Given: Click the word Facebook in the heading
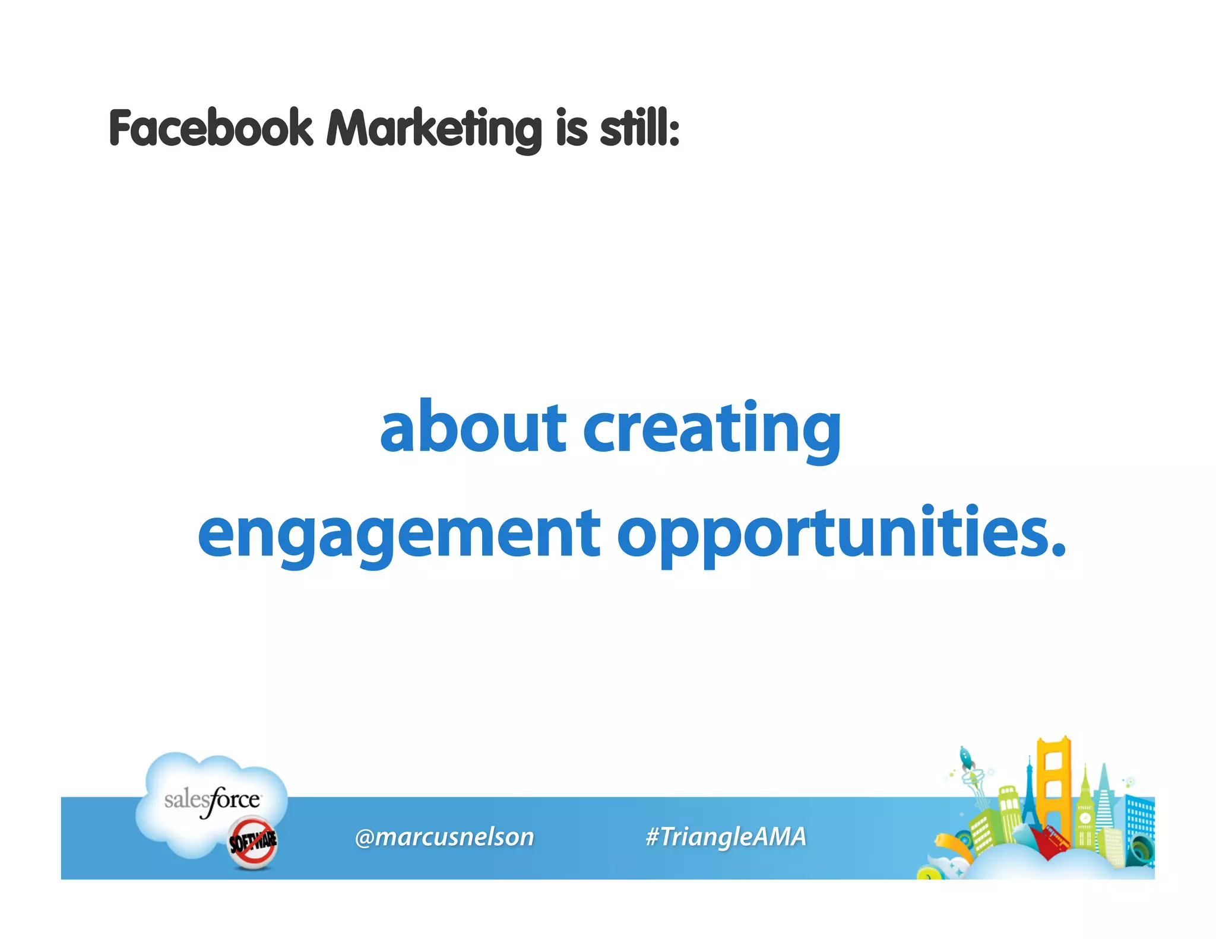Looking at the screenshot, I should (x=211, y=129).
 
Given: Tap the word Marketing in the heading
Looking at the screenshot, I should (x=433, y=129).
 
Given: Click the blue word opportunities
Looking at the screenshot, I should (x=841, y=534).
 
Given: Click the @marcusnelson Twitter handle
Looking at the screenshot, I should (x=444, y=837).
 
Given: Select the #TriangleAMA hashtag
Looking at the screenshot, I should (x=726, y=837).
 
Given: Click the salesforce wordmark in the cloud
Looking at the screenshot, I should (x=212, y=800).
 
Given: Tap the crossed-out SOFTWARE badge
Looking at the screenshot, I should (x=253, y=841).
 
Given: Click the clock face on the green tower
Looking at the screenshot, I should (x=1085, y=817).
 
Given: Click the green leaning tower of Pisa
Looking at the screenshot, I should (x=1009, y=813).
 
